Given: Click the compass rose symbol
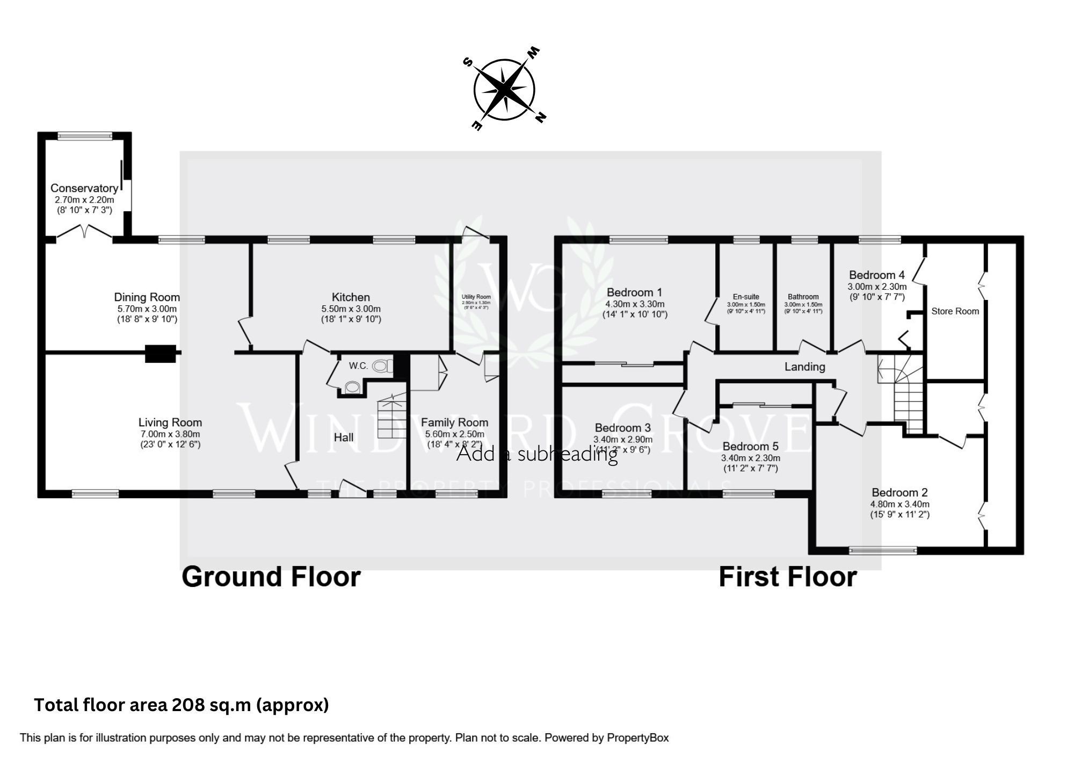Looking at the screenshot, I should [504, 89].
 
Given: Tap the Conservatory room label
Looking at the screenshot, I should [84, 188].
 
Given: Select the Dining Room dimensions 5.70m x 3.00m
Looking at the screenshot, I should [147, 309].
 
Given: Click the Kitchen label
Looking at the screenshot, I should [351, 297].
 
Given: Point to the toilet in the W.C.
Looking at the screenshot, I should [381, 367].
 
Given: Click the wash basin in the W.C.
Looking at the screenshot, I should [352, 386].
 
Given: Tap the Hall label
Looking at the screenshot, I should [343, 437].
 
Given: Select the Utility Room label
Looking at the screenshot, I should [476, 297].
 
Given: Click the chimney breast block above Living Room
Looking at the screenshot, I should [161, 353].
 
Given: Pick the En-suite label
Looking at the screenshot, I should [746, 297].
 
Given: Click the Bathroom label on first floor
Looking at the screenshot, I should [803, 297].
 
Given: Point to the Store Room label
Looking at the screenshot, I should [955, 311].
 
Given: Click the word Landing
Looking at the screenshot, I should [804, 367].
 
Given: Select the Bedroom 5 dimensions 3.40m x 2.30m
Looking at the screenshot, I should [750, 458].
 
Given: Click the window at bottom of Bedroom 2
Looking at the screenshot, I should [883, 550].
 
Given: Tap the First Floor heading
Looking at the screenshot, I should [787, 577].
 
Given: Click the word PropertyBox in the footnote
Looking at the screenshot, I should [637, 738].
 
